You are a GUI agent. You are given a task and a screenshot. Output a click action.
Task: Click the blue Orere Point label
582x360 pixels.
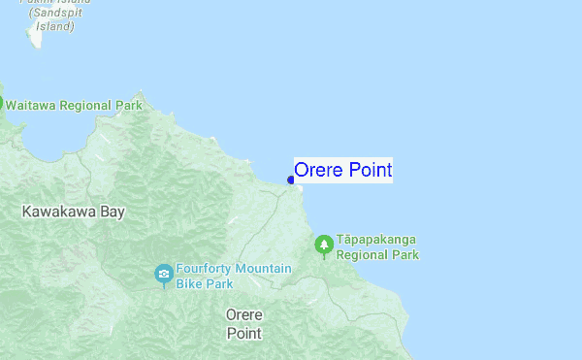click(342, 171)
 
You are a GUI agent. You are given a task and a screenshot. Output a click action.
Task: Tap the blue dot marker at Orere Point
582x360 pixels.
click(291, 180)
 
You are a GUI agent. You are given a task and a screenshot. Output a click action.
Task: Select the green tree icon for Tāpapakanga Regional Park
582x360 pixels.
click(324, 246)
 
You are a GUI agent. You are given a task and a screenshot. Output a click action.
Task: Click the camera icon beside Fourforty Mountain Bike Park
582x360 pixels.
click(163, 275)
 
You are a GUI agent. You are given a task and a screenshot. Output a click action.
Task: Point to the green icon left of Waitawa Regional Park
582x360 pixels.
click(1, 104)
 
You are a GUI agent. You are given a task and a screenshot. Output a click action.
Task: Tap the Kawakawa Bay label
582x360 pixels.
click(73, 211)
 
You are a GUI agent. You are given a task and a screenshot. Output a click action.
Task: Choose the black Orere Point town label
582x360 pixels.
click(243, 324)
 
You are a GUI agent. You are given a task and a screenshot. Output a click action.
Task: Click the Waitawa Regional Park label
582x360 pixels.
click(74, 105)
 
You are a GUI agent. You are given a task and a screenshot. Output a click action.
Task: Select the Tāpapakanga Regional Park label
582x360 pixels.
click(377, 247)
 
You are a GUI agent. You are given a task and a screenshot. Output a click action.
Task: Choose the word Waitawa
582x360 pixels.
click(30, 105)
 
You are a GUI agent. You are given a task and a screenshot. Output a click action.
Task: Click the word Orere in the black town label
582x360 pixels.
click(243, 315)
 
